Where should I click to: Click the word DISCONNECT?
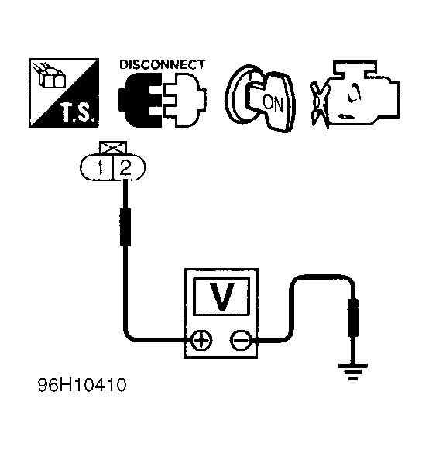pos(162,64)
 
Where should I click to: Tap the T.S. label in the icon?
pos(77,112)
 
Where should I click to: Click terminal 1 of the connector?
pos(99,167)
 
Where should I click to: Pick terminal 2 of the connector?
pos(125,167)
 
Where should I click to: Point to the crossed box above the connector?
pos(113,148)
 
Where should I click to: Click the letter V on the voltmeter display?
pos(221,297)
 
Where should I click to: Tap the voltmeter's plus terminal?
pos(201,340)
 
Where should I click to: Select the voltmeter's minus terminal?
pos(241,340)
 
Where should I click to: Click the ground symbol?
pos(352,372)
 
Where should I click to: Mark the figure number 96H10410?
pos(82,385)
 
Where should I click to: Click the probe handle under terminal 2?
pos(125,227)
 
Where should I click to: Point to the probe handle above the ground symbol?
pos(353,318)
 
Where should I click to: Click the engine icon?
pos(356,94)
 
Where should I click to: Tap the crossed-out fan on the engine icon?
pos(319,105)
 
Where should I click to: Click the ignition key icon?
pos(260,98)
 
